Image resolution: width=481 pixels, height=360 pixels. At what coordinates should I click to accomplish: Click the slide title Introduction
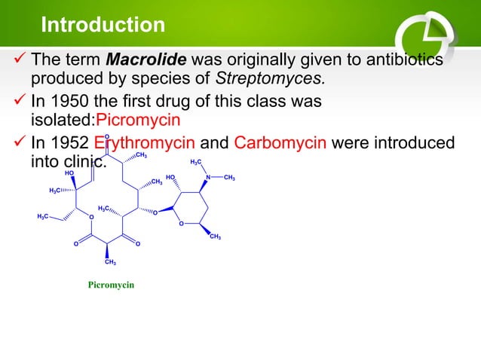coord(103,25)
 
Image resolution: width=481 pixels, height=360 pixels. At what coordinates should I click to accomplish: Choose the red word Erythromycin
coord(145,144)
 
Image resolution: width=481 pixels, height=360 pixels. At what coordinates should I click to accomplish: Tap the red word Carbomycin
coord(280,144)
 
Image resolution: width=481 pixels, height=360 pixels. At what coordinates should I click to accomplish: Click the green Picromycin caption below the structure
coord(111,287)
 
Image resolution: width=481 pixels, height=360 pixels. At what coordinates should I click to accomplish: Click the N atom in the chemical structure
coord(207,178)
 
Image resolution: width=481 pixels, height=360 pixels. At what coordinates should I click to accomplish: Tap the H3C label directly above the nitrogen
coord(195,162)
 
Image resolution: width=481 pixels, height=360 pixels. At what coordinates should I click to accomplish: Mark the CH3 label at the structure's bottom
coord(110,262)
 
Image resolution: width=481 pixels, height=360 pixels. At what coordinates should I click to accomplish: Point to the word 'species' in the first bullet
coord(167,78)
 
